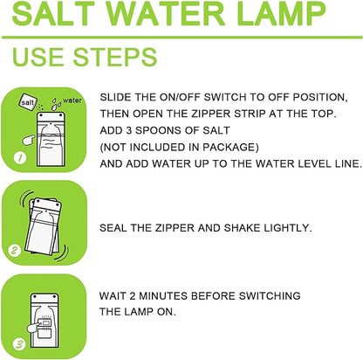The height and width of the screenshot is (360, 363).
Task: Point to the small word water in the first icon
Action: [x=72, y=97]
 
